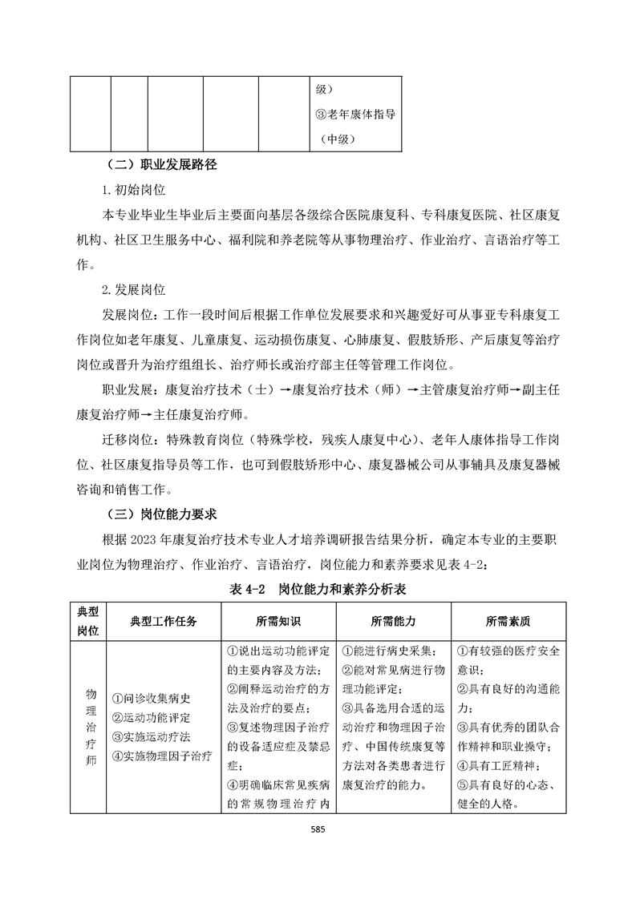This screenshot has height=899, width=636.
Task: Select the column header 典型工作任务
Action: coord(163,620)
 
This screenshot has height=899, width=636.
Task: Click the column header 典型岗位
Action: coord(87,620)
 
